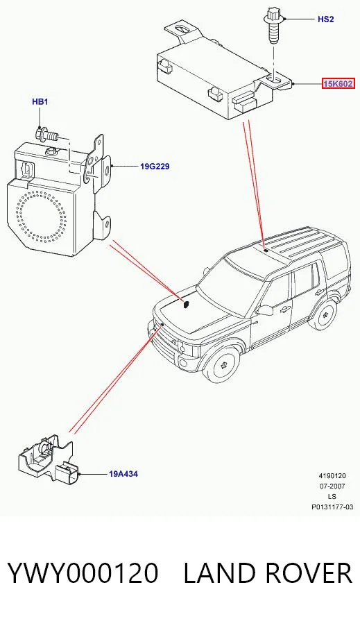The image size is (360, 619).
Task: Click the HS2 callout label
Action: [x=325, y=19]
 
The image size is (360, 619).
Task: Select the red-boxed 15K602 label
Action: [x=338, y=84]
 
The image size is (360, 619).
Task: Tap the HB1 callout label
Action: [x=40, y=102]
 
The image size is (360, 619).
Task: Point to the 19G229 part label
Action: [x=155, y=167]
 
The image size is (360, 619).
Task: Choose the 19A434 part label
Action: [x=123, y=474]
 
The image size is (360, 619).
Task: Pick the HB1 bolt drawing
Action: [x=47, y=135]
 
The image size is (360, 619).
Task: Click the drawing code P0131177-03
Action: [x=332, y=507]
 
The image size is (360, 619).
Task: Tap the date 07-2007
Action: [x=332, y=486]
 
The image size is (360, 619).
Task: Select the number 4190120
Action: [x=332, y=476]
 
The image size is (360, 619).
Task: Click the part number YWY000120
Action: [x=83, y=573]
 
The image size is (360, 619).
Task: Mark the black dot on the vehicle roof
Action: [x=266, y=250]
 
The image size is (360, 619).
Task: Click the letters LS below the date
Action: [x=332, y=497]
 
